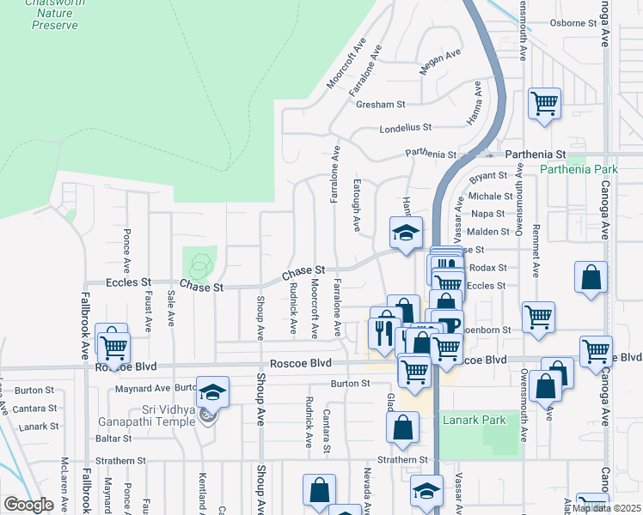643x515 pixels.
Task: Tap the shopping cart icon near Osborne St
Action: (545, 104)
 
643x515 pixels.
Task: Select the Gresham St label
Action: (383, 105)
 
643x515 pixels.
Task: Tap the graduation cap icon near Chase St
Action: (407, 232)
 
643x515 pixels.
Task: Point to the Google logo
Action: (28, 505)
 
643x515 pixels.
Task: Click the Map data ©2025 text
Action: (605, 508)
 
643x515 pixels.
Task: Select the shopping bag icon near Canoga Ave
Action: (591, 277)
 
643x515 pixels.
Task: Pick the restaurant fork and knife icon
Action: (383, 330)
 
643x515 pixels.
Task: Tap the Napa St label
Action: (487, 213)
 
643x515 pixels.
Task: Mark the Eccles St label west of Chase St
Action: (129, 281)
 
